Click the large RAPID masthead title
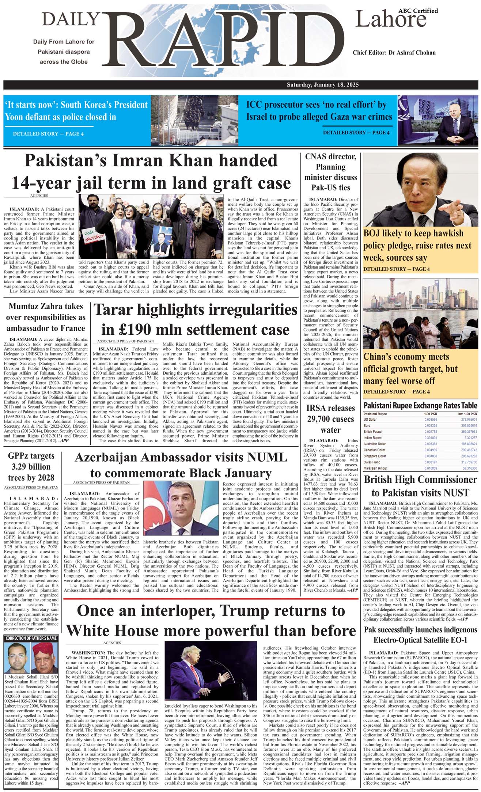click(x=223, y=40)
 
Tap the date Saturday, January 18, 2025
click(x=322, y=85)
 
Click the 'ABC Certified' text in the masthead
click(x=418, y=11)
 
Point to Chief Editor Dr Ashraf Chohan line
click(x=394, y=53)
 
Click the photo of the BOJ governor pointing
click(x=420, y=189)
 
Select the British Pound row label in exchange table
click(x=372, y=432)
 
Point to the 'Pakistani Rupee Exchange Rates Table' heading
click(x=420, y=405)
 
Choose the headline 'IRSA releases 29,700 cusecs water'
click(x=330, y=418)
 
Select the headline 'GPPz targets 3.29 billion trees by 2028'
click(x=31, y=467)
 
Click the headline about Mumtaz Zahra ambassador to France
click(x=46, y=317)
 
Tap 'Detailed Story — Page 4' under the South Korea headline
click(x=48, y=134)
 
